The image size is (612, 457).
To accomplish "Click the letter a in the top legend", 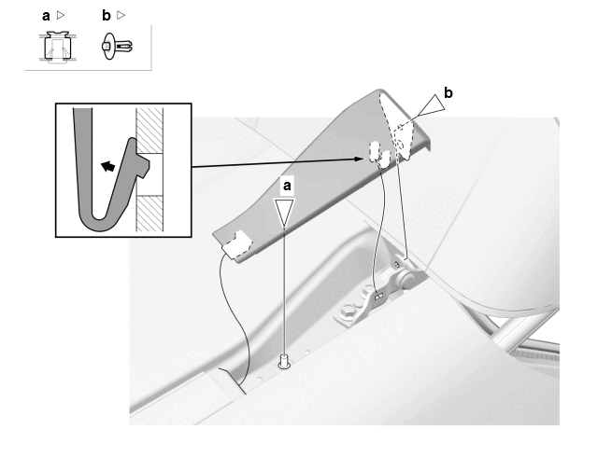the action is coord(46,17).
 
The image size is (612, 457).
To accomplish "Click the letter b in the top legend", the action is coord(107,16).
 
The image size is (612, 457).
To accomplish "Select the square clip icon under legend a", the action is coord(58,48).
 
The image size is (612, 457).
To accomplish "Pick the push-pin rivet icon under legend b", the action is coord(117,47).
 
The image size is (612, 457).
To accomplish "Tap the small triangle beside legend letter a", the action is coord(61,15).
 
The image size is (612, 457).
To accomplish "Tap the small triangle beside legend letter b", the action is coord(121,15).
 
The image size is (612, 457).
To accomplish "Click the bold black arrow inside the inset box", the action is coord(108,166).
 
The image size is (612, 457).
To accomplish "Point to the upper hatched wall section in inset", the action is coord(149,131).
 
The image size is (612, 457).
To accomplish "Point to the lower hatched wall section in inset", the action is coord(149,214).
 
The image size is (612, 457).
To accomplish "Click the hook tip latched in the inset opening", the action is coord(143,167).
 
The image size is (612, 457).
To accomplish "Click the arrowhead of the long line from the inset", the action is coord(359,159).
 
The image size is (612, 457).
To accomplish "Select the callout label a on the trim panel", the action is coord(287,186).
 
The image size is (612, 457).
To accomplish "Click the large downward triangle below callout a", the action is coord(284,211).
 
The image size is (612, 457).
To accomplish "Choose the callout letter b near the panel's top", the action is coord(448,92).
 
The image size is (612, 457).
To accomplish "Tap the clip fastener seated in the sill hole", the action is coord(284,362).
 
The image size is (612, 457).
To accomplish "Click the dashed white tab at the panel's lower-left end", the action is coord(236,244).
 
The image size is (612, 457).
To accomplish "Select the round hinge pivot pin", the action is coord(405,280).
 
